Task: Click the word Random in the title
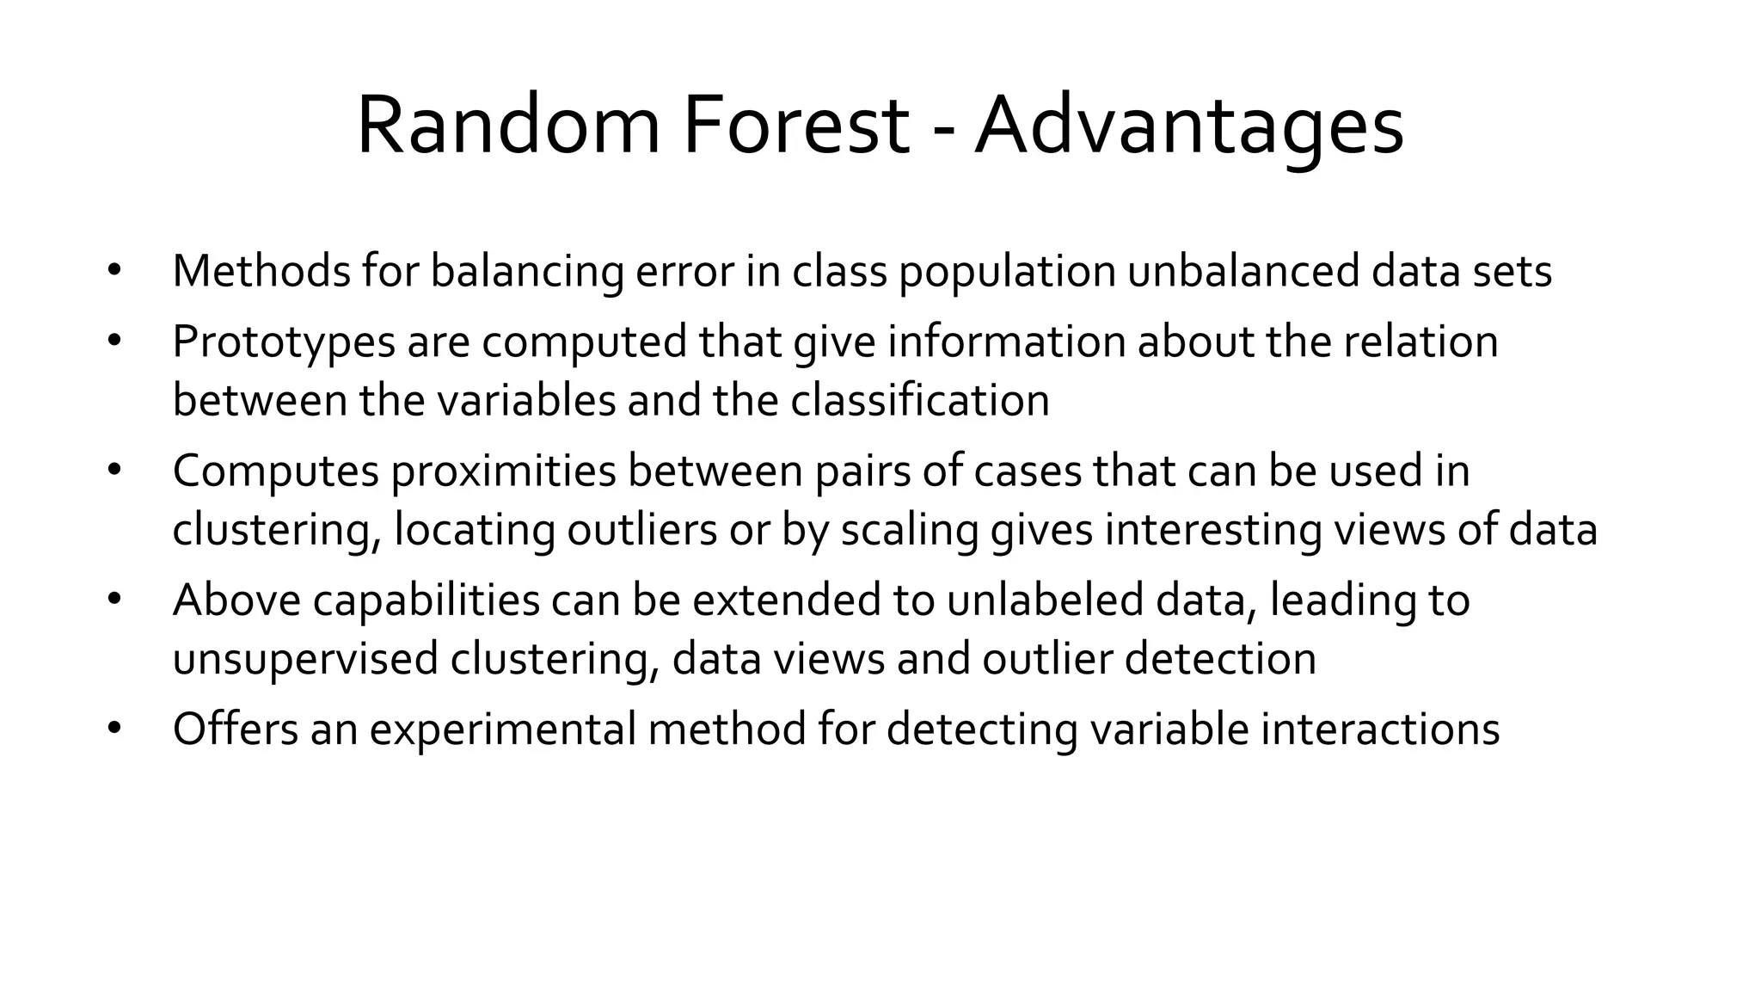pyautogui.click(x=507, y=126)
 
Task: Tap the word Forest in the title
pyautogui.click(x=795, y=126)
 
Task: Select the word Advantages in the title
pyautogui.click(x=1188, y=126)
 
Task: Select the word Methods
pyautogui.click(x=261, y=271)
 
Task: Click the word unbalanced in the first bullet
pyautogui.click(x=1243, y=271)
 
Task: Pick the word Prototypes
pyautogui.click(x=284, y=342)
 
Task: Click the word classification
pyautogui.click(x=919, y=400)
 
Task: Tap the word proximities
pyautogui.click(x=504, y=471)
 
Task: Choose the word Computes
pyautogui.click(x=275, y=471)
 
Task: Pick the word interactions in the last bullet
pyautogui.click(x=1379, y=729)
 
